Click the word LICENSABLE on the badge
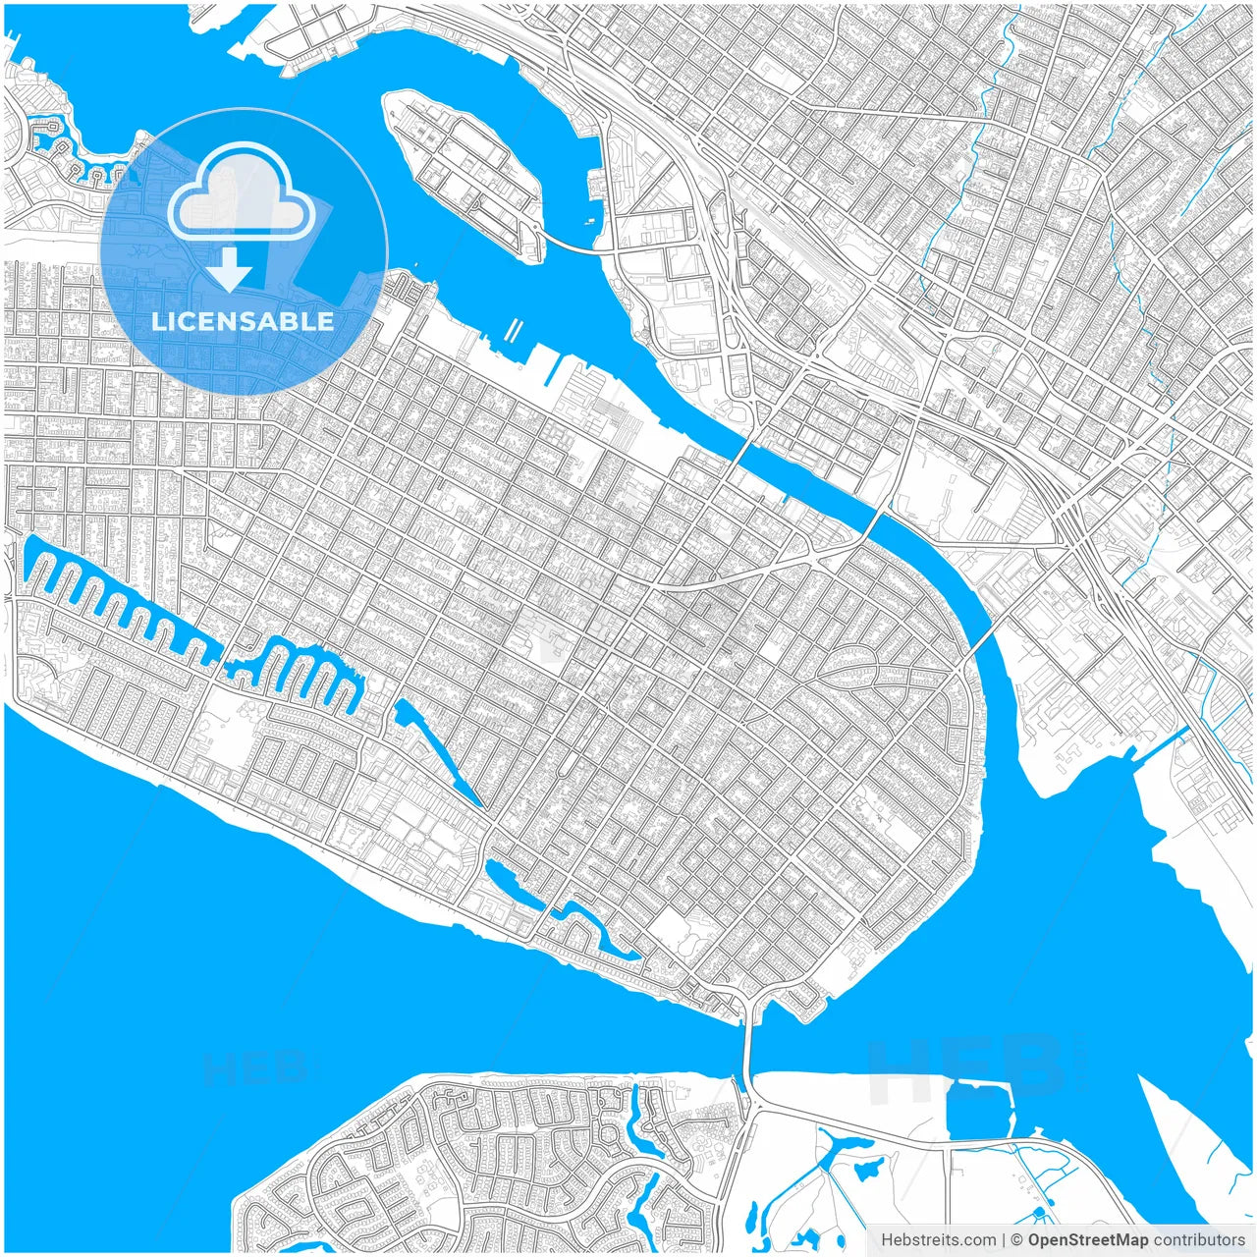[243, 321]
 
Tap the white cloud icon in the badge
[242, 191]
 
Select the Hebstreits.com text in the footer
[938, 1240]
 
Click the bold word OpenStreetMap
[1088, 1240]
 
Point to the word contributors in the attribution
[1198, 1240]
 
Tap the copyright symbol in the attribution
[1017, 1240]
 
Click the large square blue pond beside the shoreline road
[979, 1110]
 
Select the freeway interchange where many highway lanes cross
[1070, 511]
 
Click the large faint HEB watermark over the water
[962, 1066]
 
